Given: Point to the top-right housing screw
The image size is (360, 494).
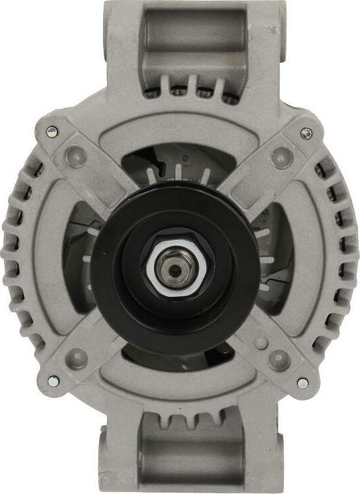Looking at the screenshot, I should (306, 133).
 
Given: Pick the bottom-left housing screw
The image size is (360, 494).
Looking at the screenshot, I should (53, 381).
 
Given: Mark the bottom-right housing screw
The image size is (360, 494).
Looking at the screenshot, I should (302, 383).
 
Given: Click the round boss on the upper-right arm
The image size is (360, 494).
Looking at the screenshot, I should (281, 158).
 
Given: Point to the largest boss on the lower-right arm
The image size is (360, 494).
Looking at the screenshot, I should (279, 360).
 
